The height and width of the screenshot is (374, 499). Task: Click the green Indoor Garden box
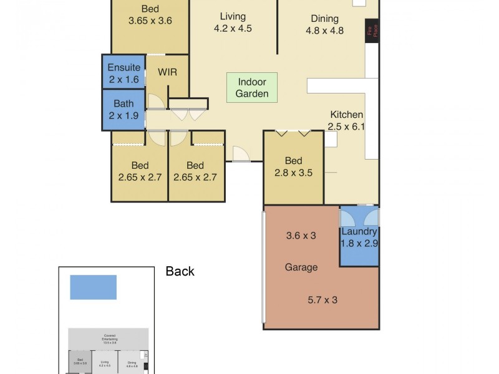click(x=252, y=88)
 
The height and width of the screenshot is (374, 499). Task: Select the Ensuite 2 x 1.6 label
click(x=124, y=74)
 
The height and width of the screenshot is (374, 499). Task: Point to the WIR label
click(x=167, y=72)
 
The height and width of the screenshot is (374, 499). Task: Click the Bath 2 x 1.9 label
click(x=124, y=110)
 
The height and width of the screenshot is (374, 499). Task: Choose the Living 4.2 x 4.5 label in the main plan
click(x=233, y=22)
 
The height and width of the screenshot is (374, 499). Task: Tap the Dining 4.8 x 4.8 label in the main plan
click(x=324, y=24)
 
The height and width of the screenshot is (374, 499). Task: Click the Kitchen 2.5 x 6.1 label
click(x=346, y=120)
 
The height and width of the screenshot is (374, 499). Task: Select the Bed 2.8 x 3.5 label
click(x=293, y=166)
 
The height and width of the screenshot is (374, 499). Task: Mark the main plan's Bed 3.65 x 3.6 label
click(x=150, y=14)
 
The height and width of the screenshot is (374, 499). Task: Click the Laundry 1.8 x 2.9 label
click(x=359, y=237)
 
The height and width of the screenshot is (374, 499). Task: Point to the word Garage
click(x=301, y=267)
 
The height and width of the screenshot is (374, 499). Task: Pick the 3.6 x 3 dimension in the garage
click(x=301, y=236)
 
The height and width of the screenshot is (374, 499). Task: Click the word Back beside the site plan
click(x=180, y=271)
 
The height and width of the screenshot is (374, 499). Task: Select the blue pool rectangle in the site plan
click(x=94, y=287)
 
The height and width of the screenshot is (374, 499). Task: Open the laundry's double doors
click(x=359, y=216)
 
